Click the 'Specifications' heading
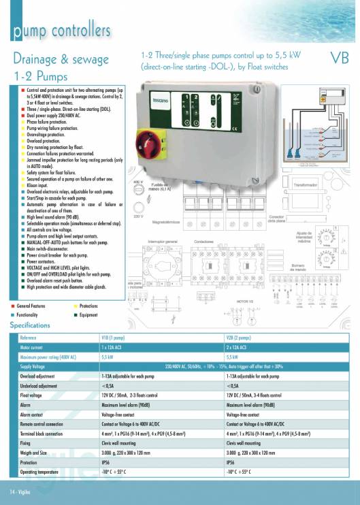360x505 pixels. tap(30, 325)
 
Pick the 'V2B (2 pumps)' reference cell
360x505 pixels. tap(244, 338)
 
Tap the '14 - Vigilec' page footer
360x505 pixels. tap(22, 491)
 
